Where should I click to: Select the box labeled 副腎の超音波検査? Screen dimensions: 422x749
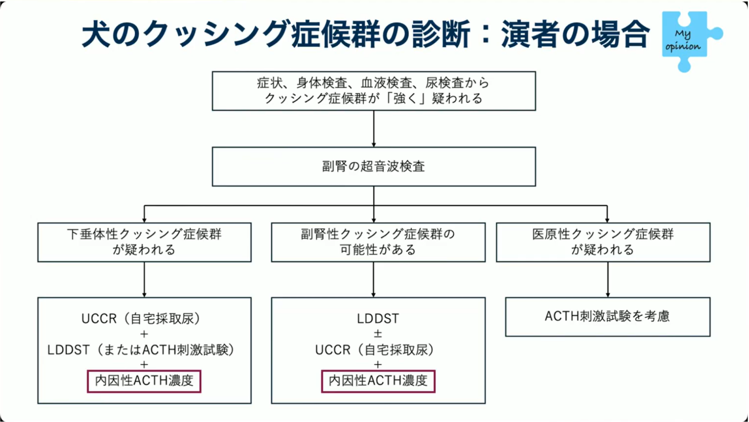(374, 166)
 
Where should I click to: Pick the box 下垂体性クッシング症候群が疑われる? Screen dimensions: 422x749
(144, 242)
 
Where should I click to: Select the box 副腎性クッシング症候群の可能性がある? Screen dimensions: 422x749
(378, 242)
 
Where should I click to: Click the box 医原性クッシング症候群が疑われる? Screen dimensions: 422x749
(602, 242)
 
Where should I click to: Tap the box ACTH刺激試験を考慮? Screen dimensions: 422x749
(607, 316)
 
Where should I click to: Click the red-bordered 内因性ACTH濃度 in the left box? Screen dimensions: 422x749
(144, 381)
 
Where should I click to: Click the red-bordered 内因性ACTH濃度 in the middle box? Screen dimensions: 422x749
(378, 381)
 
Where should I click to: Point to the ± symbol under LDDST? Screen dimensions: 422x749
(378, 333)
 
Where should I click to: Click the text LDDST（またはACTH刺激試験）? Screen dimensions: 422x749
(141, 350)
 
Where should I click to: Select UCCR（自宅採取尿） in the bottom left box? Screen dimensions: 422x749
(141, 319)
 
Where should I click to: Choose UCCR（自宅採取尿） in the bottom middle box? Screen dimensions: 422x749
(375, 350)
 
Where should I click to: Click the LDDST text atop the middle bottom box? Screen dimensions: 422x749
(378, 319)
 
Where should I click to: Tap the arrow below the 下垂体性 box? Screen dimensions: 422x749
(144, 279)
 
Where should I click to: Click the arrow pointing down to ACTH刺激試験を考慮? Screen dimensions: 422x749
(607, 279)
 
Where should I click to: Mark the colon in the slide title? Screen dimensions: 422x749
(485, 34)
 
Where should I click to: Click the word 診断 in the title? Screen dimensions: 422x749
(440, 34)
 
